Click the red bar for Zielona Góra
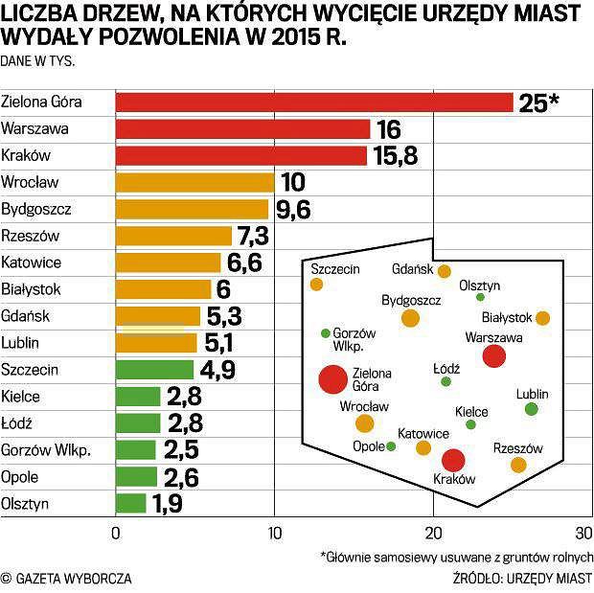(314, 102)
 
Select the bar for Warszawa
(242, 128)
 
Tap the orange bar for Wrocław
(194, 182)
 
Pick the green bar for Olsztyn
(131, 503)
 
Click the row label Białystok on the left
(32, 288)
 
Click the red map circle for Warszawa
(493, 356)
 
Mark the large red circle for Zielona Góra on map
(332, 379)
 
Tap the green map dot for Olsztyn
(480, 297)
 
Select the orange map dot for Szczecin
(316, 285)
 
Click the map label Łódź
(446, 367)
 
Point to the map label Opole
(369, 446)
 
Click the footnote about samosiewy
(457, 557)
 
